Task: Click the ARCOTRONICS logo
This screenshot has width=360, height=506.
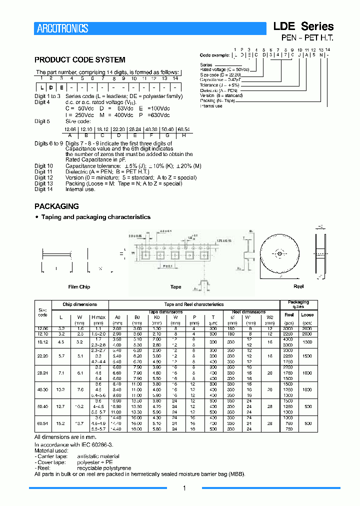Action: [x=62, y=28]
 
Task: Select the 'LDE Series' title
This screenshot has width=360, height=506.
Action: [x=303, y=26]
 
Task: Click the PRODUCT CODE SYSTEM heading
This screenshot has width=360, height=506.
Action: [x=79, y=60]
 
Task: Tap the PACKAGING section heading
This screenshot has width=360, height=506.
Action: [x=56, y=206]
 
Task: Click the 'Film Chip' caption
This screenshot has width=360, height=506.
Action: [x=79, y=287]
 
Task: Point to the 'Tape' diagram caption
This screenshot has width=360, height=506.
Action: [x=175, y=287]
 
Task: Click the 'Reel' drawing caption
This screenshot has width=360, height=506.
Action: [x=298, y=286]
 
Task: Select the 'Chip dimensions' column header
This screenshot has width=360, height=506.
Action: [x=79, y=304]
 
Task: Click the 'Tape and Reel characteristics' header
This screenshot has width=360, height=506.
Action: [x=194, y=304]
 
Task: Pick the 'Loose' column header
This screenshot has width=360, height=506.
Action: [x=307, y=315]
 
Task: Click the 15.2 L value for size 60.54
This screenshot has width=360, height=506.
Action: [x=61, y=423]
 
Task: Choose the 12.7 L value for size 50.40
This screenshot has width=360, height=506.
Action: [x=61, y=407]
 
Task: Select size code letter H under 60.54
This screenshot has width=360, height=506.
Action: [x=184, y=134]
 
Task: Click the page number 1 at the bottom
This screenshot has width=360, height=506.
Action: [x=184, y=488]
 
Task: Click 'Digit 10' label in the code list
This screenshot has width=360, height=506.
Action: [x=43, y=165]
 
